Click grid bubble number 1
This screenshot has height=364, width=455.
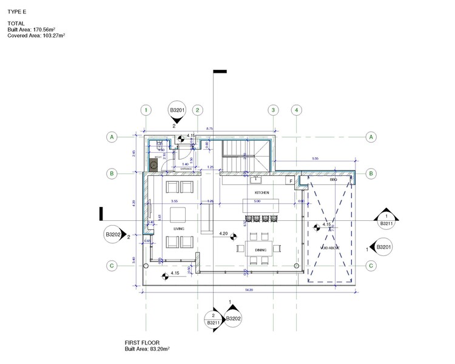pos(146,110)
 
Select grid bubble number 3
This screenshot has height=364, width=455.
pos(274,110)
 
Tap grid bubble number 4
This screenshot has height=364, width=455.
pos(295,110)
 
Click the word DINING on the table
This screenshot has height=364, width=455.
pos(260,249)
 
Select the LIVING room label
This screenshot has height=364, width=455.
pos(178,229)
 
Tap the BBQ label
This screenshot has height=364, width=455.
pos(332,180)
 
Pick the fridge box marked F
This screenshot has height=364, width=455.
pos(291,181)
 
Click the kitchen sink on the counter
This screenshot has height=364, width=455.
pos(256,180)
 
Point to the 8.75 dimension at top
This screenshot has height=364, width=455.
pos(209,129)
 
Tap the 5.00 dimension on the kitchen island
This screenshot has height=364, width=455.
pos(257,201)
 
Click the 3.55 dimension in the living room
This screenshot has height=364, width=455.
pos(174,201)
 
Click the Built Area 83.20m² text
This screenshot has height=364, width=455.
pos(147,349)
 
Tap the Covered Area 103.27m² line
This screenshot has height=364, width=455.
pos(36,36)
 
